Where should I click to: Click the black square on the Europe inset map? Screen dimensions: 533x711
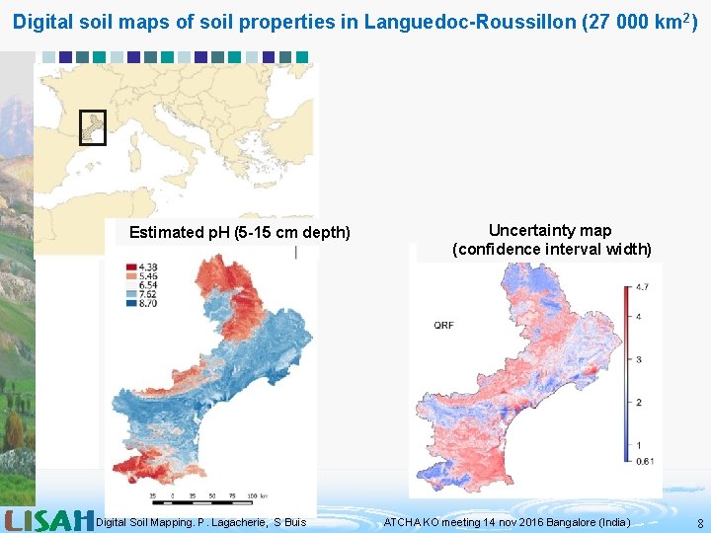click(92, 127)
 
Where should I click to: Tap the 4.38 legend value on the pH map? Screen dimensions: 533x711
click(147, 266)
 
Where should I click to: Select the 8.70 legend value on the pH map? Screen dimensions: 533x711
click(147, 302)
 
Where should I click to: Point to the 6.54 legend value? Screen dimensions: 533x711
click(147, 284)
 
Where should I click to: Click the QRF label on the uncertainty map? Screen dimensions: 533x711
click(444, 325)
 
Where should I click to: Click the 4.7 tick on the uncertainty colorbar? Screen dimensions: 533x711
click(641, 287)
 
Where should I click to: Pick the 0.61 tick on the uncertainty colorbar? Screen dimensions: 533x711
click(645, 461)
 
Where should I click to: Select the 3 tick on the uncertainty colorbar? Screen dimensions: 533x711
click(638, 359)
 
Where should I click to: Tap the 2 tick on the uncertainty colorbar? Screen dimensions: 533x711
click(638, 402)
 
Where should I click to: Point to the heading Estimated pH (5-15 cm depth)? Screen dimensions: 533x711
click(240, 233)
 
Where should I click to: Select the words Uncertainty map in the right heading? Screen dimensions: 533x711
click(550, 231)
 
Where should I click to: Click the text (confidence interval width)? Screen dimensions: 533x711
click(551, 249)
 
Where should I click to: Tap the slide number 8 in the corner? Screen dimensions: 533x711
click(700, 523)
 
